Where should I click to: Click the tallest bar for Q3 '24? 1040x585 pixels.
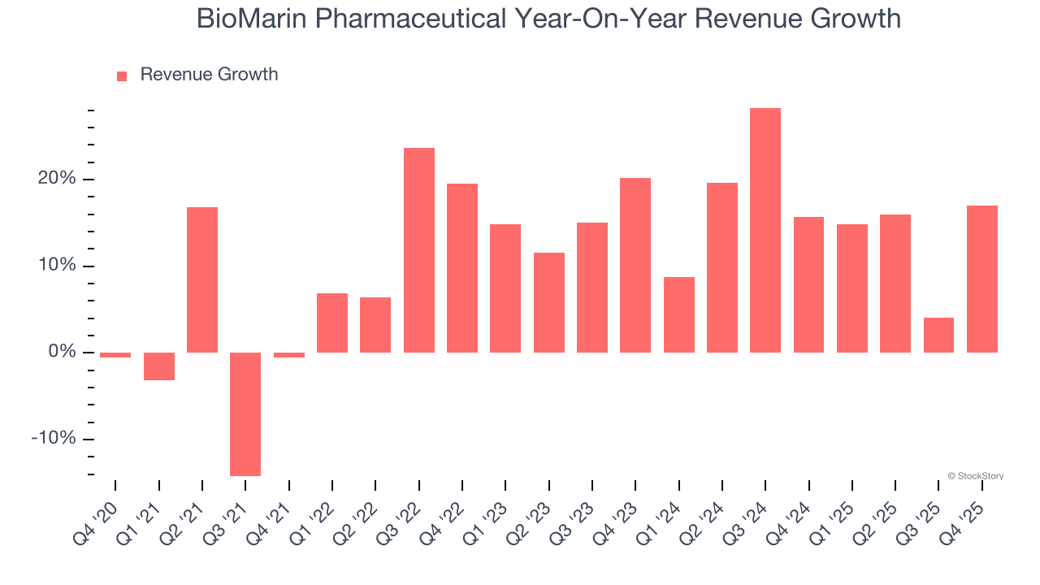765,230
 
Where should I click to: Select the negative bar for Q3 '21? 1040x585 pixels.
245,414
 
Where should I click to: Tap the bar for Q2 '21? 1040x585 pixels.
202,279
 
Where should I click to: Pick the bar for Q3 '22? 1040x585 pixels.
419,250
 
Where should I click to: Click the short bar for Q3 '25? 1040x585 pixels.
938,335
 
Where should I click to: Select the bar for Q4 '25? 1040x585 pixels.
982,279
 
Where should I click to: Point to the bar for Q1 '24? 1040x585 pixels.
679,314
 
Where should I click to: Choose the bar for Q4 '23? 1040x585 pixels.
635,265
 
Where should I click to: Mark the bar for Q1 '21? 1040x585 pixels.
159,366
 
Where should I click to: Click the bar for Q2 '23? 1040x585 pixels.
549,302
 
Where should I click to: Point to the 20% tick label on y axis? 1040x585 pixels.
56,179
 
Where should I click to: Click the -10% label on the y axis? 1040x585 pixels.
53,439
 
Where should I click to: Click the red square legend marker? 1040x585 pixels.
122,76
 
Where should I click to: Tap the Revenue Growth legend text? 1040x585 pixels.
209,75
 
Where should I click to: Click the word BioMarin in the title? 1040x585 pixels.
251,18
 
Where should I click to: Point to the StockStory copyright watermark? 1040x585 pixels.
975,476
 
